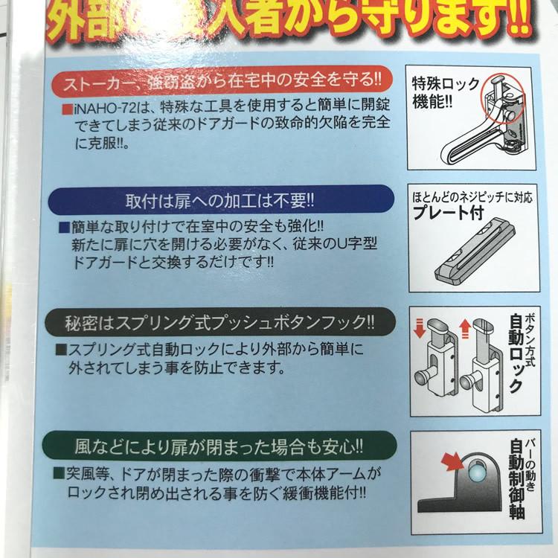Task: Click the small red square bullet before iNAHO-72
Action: pyautogui.click(x=68, y=109)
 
